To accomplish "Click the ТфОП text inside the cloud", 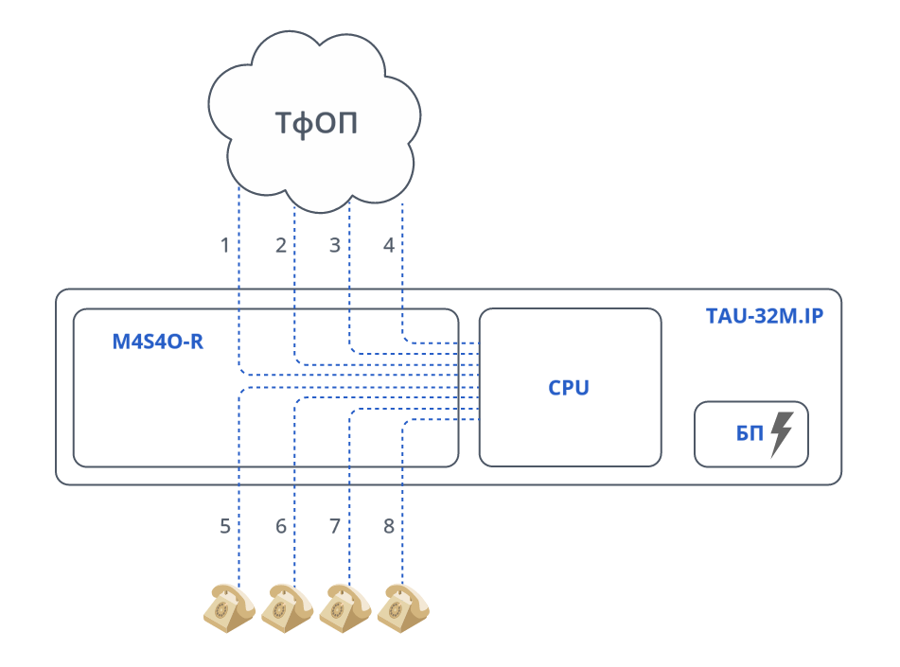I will click(316, 123).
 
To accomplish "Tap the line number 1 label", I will click(225, 246).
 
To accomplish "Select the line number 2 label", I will click(281, 246).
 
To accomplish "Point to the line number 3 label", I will click(334, 246).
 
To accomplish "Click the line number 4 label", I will click(388, 246).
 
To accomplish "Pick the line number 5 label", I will click(225, 527).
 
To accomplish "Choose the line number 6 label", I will click(281, 527).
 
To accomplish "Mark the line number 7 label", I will click(334, 527).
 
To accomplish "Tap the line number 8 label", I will click(388, 527).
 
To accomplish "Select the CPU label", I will click(569, 388).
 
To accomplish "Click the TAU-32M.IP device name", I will click(765, 316).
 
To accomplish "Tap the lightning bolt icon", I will click(782, 433).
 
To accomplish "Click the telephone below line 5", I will click(229, 607).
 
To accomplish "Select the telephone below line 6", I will click(287, 607).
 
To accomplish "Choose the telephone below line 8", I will click(403, 607).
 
